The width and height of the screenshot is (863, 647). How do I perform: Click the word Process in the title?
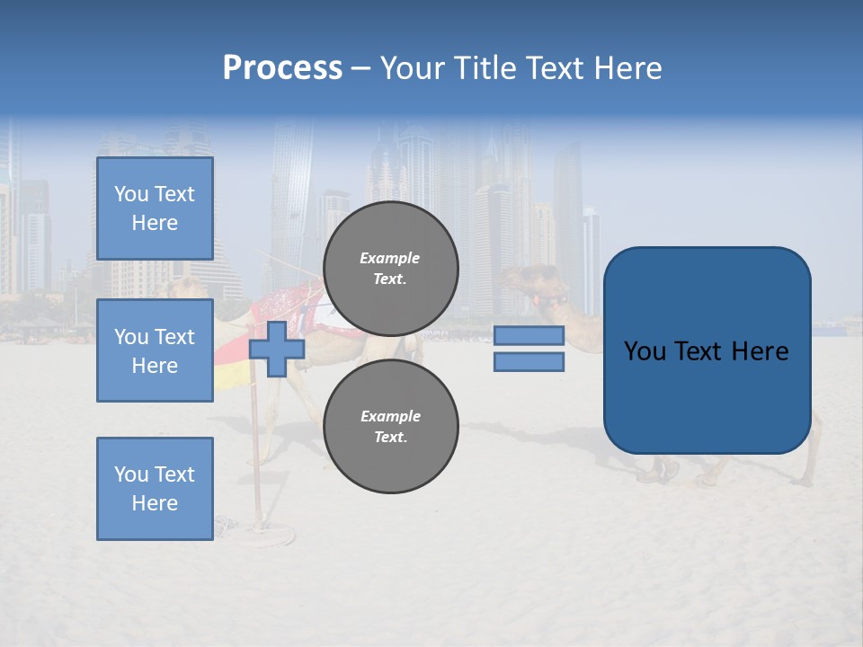coord(282,68)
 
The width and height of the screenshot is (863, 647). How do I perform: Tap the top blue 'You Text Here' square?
coord(155,208)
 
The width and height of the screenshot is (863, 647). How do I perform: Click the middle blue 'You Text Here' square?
coord(155,350)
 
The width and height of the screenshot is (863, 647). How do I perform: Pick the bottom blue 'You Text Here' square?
coord(155,488)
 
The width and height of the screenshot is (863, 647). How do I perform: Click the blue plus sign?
coord(277,349)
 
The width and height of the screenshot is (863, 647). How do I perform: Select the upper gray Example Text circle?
coord(391,268)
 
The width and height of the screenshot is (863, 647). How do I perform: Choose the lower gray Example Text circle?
coord(391,426)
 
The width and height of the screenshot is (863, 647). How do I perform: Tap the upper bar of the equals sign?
coord(529,336)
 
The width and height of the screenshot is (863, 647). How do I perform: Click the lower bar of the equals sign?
coord(529,361)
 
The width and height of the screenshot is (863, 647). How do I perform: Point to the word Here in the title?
coord(627,68)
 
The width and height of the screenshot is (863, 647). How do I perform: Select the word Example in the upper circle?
coord(390,258)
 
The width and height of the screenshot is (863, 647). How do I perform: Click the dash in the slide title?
coord(360,69)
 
